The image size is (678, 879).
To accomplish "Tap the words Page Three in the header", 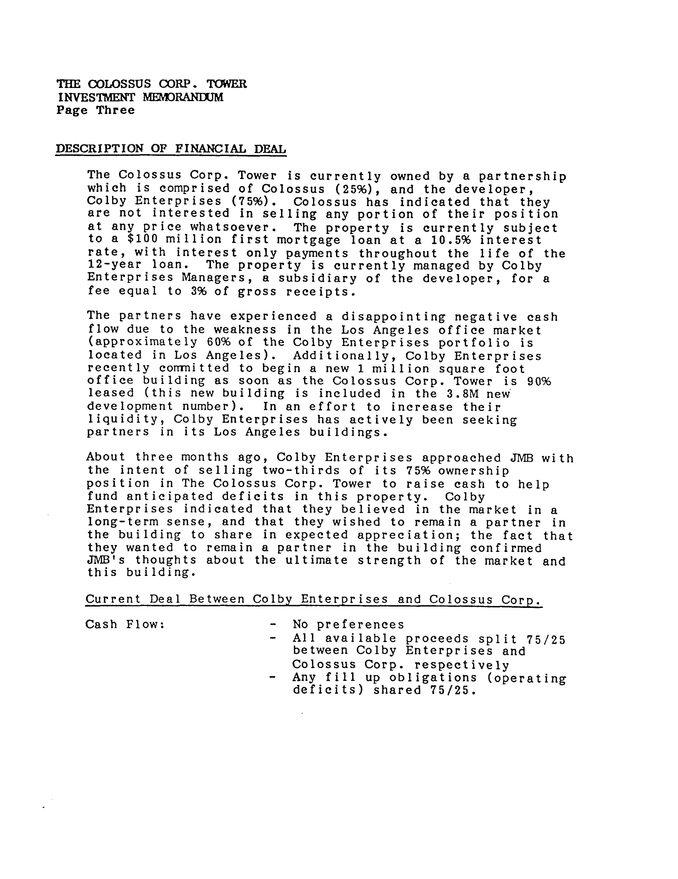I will point(95,110).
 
